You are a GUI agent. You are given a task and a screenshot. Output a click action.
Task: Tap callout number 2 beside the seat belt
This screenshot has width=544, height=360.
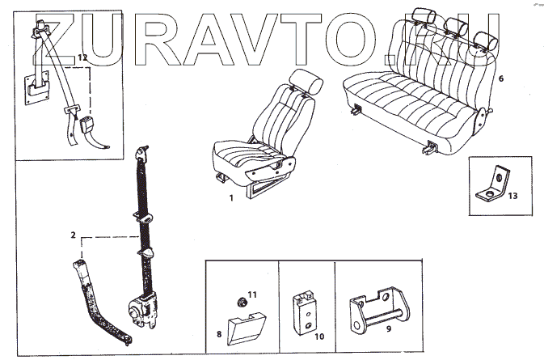point(74,235)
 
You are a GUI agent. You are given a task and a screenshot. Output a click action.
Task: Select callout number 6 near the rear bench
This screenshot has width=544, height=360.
point(501,79)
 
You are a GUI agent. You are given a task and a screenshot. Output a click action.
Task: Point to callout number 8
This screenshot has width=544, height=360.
point(219,332)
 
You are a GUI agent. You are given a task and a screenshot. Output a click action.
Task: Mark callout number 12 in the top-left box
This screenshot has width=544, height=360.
point(81,57)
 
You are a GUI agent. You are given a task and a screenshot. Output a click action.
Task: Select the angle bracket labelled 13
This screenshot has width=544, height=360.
point(495,184)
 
